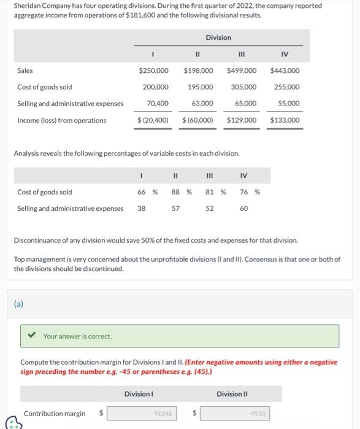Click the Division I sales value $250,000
point(154,71)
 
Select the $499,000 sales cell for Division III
point(242,71)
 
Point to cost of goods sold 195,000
point(201,88)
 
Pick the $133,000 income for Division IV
point(285,120)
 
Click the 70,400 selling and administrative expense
point(158,104)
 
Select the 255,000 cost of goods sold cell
point(287,88)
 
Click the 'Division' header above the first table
point(218,37)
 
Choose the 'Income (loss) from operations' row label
point(61,120)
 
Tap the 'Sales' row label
point(25,71)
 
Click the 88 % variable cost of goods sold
point(179,192)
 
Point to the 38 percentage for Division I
point(141,208)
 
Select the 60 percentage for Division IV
point(243,208)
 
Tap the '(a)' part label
point(19,303)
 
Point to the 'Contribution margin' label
point(55,414)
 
